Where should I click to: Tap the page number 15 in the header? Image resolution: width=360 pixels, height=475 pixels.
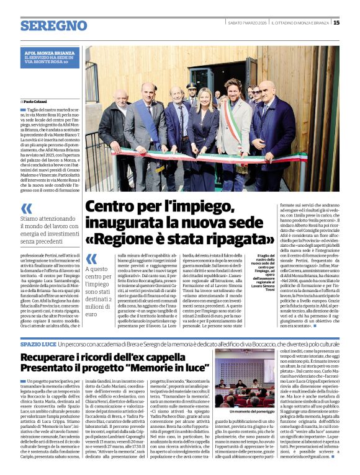tap(336, 23)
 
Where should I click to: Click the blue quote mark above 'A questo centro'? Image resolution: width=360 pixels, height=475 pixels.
tap(91, 260)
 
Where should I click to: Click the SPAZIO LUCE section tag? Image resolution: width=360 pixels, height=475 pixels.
tap(39, 343)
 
